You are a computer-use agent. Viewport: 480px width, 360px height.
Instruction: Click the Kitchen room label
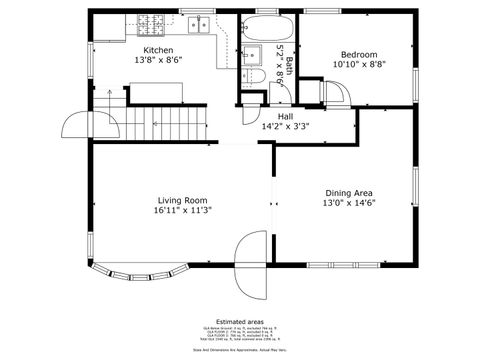coord(158,50)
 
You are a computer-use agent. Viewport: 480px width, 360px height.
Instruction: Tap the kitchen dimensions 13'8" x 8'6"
coord(158,61)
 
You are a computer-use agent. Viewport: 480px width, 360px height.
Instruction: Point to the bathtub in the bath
coord(267,27)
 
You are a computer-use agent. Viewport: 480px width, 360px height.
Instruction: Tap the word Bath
coord(290,66)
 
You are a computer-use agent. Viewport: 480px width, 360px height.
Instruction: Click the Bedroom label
coord(359,54)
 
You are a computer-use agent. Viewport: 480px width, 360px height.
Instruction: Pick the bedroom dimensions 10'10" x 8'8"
coord(359,65)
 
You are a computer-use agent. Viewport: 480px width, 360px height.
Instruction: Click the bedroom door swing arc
coord(334,92)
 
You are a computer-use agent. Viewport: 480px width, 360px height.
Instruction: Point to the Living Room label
coord(181,199)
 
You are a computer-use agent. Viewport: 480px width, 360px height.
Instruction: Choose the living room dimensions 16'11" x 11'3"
coord(181,211)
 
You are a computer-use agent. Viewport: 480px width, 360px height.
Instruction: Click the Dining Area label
coord(348,192)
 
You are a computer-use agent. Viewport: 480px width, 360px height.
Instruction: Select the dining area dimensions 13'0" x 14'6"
coord(348,204)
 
